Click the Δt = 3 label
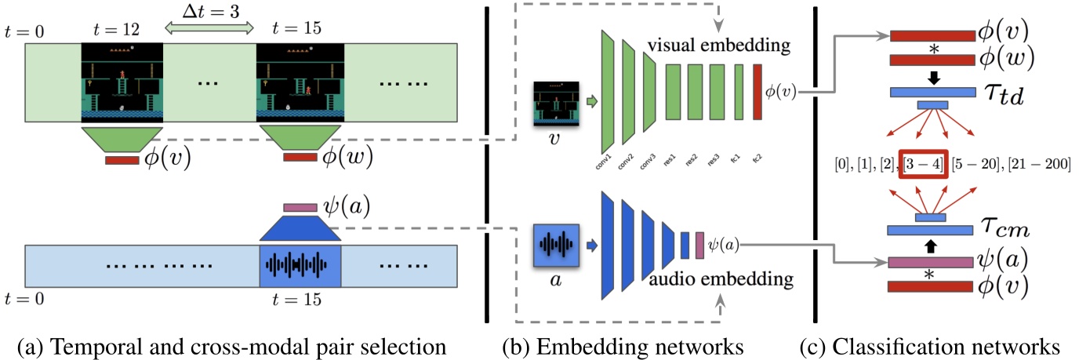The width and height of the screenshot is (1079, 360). (209, 10)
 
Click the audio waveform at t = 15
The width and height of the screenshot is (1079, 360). (300, 264)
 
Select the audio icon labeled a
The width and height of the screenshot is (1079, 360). (555, 246)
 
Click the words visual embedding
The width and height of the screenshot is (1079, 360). (718, 45)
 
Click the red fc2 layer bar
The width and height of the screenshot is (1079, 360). (757, 93)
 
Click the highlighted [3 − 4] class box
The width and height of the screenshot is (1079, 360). (924, 165)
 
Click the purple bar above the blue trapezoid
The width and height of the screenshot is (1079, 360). (300, 208)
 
